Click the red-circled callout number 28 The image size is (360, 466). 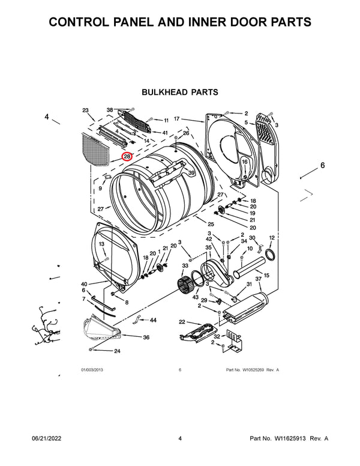pos(127,157)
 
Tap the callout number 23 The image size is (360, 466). pos(86,110)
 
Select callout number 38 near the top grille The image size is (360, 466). pos(110,110)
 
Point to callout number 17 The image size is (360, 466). pos(177,119)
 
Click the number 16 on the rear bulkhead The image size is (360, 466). pos(245,162)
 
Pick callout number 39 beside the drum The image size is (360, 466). pos(191,173)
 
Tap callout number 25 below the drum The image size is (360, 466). pos(194,223)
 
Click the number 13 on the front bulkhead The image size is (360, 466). pos(102,244)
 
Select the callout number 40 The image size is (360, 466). pos(84,284)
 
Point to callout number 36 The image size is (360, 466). pos(146,337)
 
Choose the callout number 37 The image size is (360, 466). pos(259,279)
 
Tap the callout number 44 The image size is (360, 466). pos(153,320)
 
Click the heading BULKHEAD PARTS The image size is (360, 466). pos(179,92)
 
